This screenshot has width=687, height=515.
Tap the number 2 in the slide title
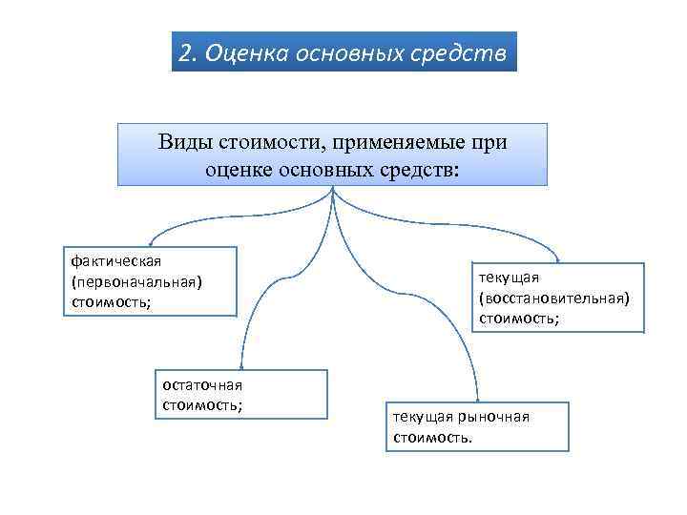187,51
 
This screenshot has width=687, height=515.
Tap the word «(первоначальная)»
137,281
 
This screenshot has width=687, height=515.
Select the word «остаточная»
203,384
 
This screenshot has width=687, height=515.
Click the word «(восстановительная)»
554,298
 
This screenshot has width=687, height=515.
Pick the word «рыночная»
494,417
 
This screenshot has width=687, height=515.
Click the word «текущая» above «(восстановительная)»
510,277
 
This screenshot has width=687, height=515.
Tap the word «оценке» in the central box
239,169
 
